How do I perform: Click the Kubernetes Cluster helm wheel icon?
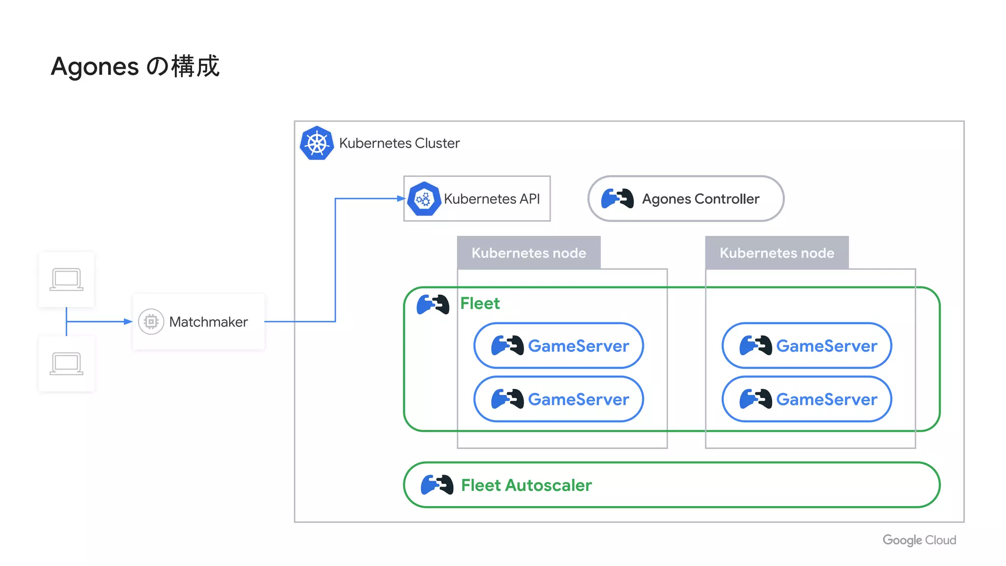point(317,143)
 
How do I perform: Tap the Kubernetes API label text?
point(491,199)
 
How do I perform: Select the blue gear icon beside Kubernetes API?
point(423,199)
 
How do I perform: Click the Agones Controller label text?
point(700,199)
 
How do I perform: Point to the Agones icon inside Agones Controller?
point(617,198)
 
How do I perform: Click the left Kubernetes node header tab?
point(529,253)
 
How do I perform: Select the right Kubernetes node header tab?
point(777,253)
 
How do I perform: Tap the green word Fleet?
point(480,303)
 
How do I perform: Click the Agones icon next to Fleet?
point(433,304)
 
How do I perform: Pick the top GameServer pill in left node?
point(559,346)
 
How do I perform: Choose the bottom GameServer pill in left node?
point(559,399)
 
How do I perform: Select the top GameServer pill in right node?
point(807,346)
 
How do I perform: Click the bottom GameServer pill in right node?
point(807,399)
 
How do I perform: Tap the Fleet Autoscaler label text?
point(526,485)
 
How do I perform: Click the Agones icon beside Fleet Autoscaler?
point(437,485)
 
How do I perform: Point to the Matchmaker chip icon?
point(151,322)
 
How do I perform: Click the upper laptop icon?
point(66,280)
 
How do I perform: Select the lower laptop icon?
point(66,364)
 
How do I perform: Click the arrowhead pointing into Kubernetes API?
point(401,198)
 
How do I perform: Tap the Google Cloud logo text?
point(919,540)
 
